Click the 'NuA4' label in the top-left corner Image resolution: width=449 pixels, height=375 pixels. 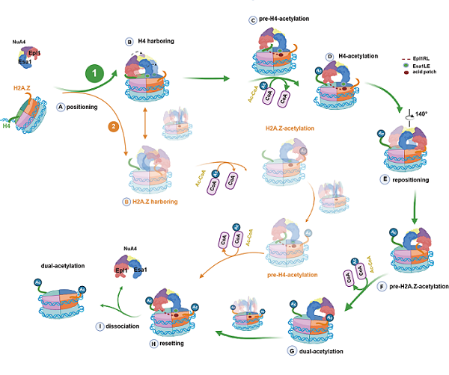coord(20,43)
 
